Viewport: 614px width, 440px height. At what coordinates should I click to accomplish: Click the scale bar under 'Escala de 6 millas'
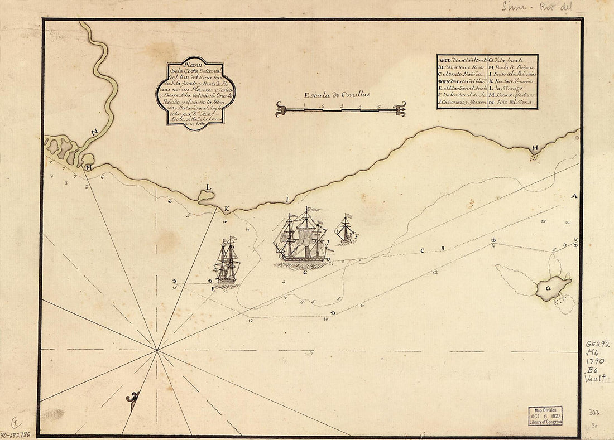[x=340, y=109]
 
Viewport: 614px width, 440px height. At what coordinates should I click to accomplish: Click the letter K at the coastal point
[x=227, y=210]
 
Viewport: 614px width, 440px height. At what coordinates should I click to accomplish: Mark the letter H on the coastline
[x=535, y=148]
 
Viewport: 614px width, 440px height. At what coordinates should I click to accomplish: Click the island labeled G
[x=553, y=289]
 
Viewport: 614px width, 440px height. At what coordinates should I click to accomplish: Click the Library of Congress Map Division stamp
[x=545, y=415]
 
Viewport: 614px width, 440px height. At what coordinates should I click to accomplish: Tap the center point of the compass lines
[x=157, y=350]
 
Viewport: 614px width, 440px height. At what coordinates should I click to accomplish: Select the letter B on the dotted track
[x=443, y=249]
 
